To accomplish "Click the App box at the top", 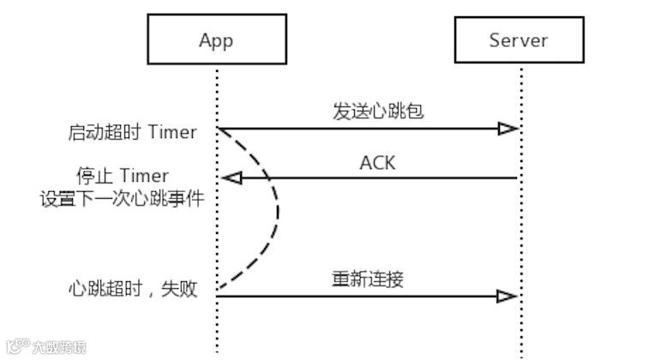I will [215, 40].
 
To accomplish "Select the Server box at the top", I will [518, 40].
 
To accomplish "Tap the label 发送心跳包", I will [366, 111].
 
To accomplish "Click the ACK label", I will [377, 162].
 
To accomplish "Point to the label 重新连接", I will [367, 279].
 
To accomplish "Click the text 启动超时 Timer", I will [131, 133].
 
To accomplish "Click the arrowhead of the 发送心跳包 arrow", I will [508, 129].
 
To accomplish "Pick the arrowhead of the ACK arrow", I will [231, 178].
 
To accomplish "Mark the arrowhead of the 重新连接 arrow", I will [508, 297].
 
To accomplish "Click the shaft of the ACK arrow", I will [377, 178].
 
